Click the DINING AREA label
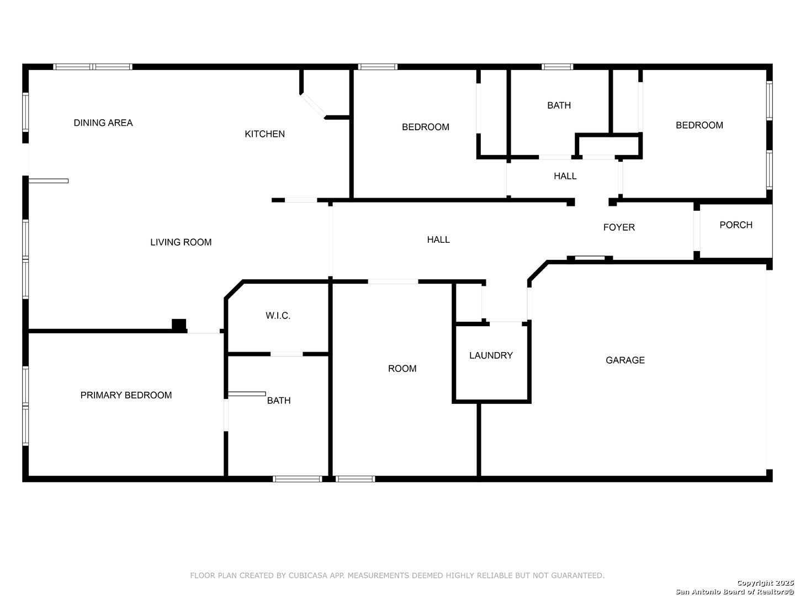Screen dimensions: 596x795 coord(103,123)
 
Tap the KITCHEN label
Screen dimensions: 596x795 coord(264,134)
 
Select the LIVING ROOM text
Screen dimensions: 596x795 coord(181,242)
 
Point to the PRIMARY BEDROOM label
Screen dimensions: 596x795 coord(126,395)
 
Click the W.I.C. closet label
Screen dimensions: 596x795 coord(278,316)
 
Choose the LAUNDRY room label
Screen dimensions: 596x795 coord(491,355)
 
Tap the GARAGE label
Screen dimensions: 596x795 coord(625,360)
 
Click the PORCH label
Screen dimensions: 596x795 coord(736,225)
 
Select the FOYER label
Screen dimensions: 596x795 coord(619,227)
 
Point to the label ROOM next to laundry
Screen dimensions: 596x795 coord(402,369)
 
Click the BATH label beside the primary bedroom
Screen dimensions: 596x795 coord(279,401)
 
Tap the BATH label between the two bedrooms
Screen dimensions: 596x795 coord(559,105)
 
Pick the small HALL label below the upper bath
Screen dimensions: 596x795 coord(565,176)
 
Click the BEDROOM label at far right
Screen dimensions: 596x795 coord(699,125)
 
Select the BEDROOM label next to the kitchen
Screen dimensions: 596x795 coord(425,127)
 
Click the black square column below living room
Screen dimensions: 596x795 coord(179,324)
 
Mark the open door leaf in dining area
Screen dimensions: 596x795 coord(49,180)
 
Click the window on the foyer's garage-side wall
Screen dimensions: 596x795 coord(590,258)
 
